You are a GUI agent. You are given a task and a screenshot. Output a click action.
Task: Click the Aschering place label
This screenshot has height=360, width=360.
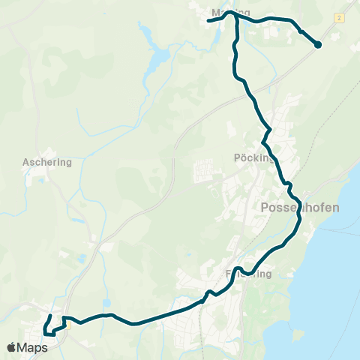46,161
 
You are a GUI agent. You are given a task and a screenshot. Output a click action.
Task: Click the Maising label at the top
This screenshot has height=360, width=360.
230,13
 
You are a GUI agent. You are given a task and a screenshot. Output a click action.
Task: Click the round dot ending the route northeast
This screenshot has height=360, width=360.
317,45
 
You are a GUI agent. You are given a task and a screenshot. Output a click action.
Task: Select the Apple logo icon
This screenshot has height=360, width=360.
12,347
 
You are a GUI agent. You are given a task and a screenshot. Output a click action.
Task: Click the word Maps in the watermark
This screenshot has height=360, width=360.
34,347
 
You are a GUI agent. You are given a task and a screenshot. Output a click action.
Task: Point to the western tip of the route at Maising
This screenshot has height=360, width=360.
208,21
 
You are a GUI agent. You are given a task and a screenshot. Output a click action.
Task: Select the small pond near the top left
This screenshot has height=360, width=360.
142,28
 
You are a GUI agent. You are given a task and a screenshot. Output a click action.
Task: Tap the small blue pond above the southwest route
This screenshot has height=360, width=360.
80,259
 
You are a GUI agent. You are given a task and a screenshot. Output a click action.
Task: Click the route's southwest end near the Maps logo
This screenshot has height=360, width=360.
46,333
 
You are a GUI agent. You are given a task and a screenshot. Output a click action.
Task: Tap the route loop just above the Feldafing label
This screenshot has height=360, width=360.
236,268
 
